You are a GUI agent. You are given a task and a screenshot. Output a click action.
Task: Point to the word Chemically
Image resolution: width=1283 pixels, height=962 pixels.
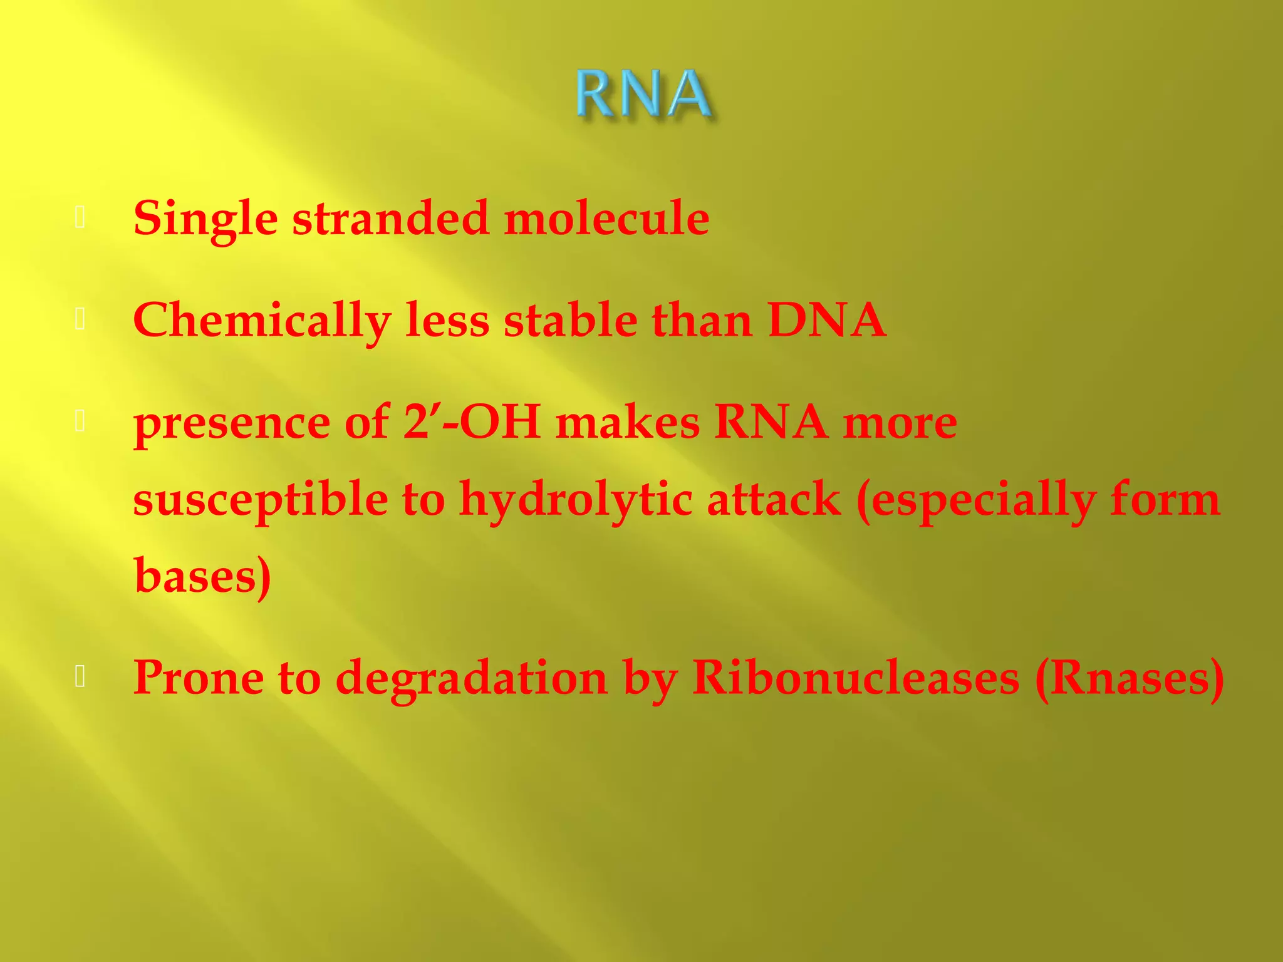(262, 321)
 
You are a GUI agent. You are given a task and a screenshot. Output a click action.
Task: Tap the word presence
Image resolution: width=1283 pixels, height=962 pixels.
(232, 423)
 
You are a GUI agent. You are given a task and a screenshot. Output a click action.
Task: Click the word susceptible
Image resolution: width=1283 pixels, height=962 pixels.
(261, 500)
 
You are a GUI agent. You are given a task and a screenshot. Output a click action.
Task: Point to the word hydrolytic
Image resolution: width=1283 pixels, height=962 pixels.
(576, 500)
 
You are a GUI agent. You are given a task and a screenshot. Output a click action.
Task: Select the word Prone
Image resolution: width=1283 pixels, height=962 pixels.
(198, 678)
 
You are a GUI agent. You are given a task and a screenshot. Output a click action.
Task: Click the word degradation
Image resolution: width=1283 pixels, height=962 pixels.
(471, 679)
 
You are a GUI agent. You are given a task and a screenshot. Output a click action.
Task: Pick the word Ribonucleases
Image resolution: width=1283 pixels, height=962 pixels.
(856, 678)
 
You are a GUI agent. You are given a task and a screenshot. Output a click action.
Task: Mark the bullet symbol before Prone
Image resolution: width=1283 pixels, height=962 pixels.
(80, 676)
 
